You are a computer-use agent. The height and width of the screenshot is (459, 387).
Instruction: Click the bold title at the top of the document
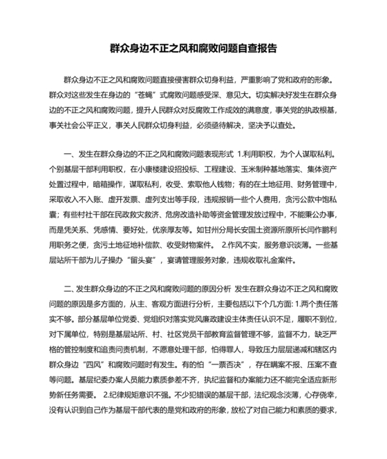pyautogui.click(x=193, y=49)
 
